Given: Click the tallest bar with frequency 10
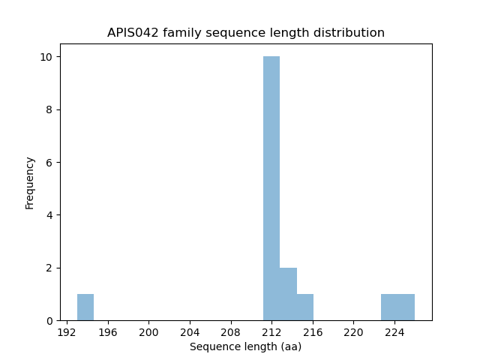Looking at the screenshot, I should (x=271, y=188).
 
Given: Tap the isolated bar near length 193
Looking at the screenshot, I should (x=85, y=307).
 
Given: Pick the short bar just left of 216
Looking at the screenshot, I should (x=305, y=307).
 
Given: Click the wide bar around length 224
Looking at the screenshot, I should (x=397, y=307).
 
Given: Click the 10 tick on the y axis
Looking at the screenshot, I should (x=46, y=57).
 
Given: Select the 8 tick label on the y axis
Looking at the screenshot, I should (x=49, y=109).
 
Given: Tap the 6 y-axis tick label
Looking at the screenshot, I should (x=49, y=163).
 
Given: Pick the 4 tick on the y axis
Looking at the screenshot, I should (x=49, y=215).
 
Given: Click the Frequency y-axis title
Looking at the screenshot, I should (x=30, y=182).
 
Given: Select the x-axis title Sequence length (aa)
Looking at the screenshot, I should (x=245, y=346).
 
